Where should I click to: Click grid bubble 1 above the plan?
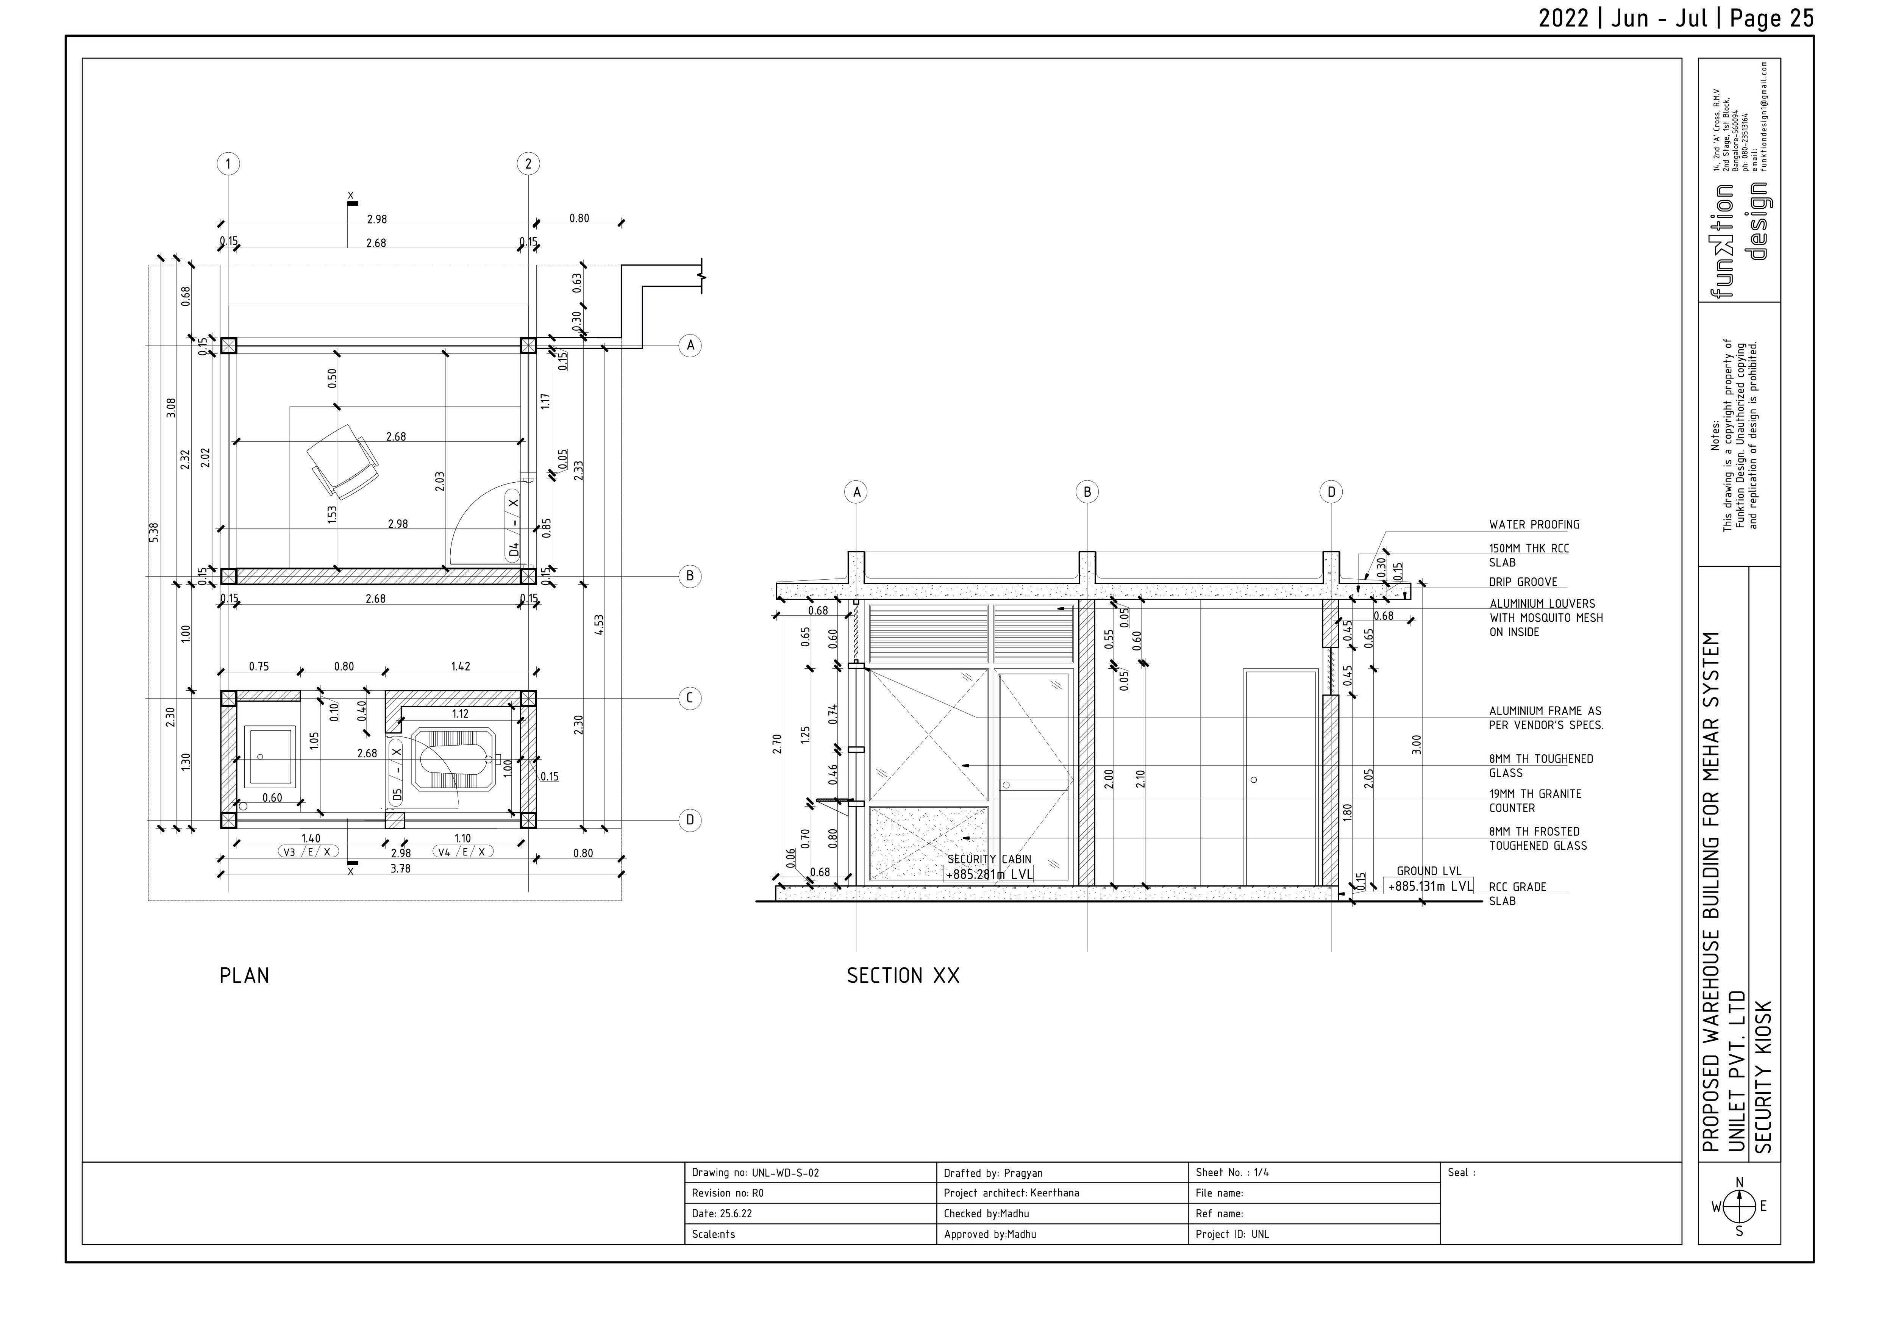228,164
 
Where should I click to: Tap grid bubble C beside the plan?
690,698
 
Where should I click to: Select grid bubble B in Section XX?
1087,492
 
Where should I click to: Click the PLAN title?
244,976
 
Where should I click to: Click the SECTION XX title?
903,976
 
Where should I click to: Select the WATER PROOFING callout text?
1534,525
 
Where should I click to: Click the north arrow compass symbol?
1739,1206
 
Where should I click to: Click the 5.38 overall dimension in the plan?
154,533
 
